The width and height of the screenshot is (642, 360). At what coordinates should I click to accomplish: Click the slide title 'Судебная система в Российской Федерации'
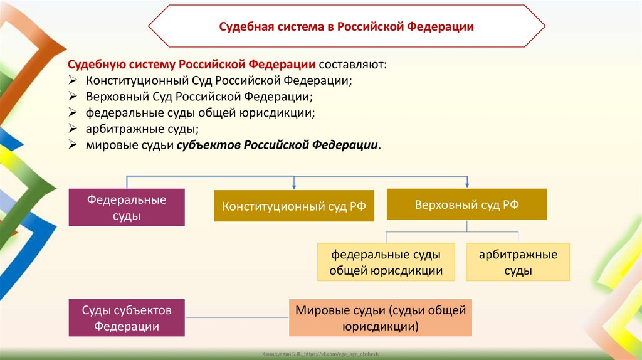tap(346, 27)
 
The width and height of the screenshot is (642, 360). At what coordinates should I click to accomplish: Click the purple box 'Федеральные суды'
tap(127, 208)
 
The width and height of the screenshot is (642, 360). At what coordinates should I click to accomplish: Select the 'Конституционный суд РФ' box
tap(294, 206)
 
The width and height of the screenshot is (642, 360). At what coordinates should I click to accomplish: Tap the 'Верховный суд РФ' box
tap(466, 204)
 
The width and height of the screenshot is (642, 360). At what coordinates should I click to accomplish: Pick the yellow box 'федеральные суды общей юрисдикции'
tap(386, 263)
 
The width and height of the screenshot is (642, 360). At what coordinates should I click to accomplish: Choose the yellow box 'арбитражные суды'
tap(518, 263)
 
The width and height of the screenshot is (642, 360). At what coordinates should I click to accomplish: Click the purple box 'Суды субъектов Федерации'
tap(127, 318)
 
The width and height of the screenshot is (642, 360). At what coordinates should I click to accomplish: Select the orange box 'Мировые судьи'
tap(380, 318)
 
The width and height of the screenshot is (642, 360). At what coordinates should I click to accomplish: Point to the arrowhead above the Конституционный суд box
tap(294, 186)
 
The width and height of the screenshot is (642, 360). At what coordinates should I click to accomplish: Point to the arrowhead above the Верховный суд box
tap(467, 184)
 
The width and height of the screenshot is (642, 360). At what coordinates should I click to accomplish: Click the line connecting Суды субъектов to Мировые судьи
tap(236, 318)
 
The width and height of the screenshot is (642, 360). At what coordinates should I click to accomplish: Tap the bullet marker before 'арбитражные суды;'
tap(73, 129)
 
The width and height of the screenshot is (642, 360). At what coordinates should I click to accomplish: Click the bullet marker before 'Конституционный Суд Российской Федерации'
tap(73, 81)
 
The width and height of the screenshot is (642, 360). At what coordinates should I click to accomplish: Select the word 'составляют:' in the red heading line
tap(353, 65)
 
